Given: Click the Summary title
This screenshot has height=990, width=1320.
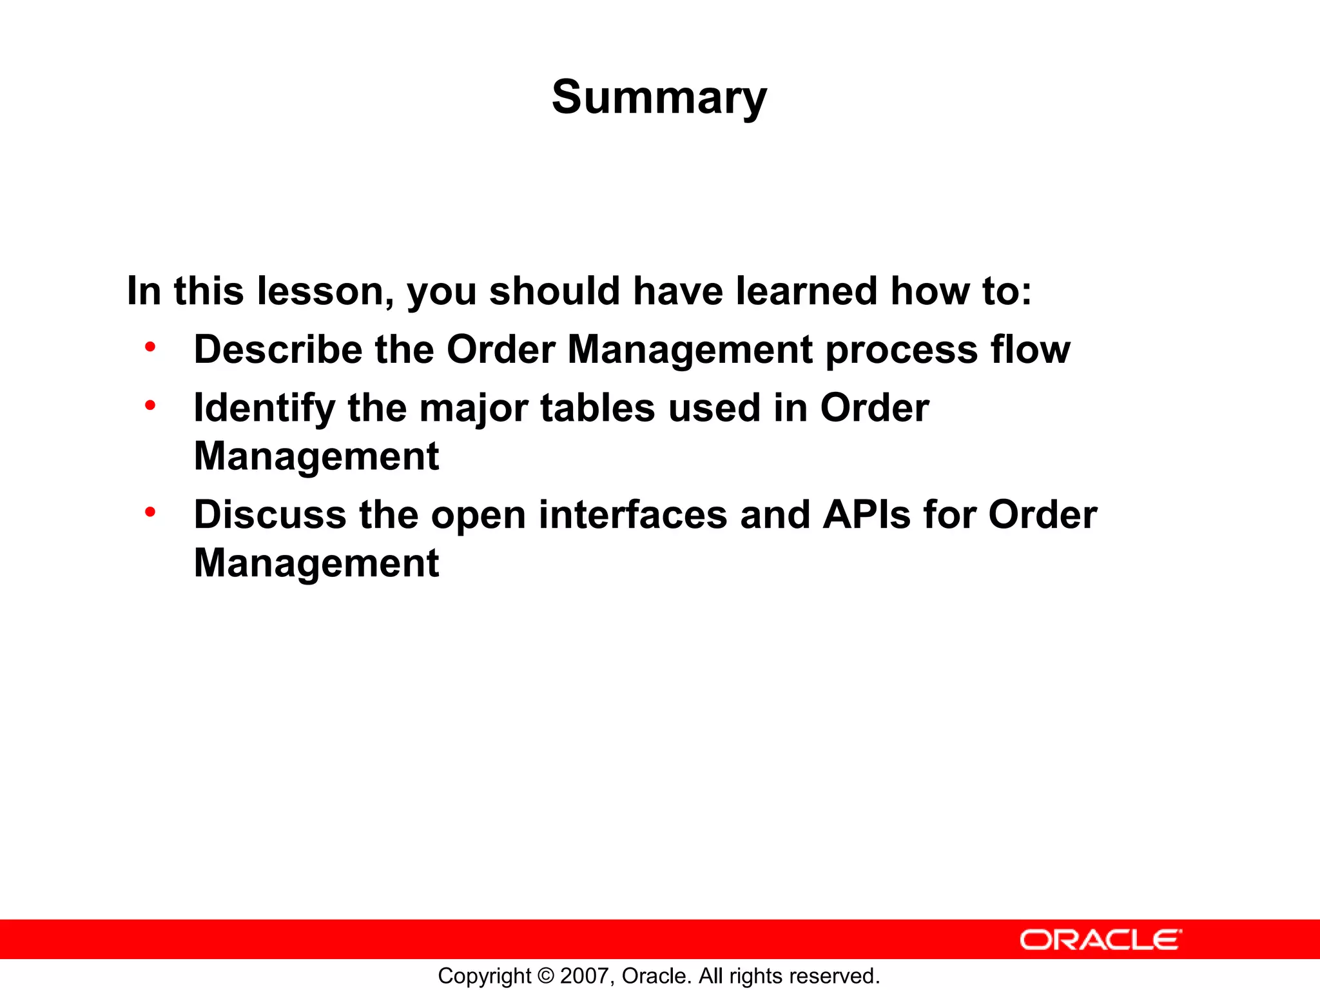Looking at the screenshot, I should click(x=659, y=97).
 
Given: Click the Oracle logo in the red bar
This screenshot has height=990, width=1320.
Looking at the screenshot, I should click(x=1101, y=940).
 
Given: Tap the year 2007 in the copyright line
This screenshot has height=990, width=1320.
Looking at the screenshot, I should click(x=583, y=976).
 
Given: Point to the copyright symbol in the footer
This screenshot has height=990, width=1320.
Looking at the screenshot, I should click(x=546, y=976).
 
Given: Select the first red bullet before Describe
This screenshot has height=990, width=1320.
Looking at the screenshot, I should click(x=150, y=347).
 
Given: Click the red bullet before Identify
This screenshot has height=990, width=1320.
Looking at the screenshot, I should click(x=150, y=405).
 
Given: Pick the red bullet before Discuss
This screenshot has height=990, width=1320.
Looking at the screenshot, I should click(x=150, y=512).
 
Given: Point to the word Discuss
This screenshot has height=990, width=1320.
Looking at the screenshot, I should click(x=270, y=515).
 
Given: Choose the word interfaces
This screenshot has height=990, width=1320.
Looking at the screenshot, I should click(x=633, y=515).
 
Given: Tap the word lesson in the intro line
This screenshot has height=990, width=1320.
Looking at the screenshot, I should click(x=325, y=291).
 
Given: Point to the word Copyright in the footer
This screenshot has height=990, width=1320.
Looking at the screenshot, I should click(x=484, y=976).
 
